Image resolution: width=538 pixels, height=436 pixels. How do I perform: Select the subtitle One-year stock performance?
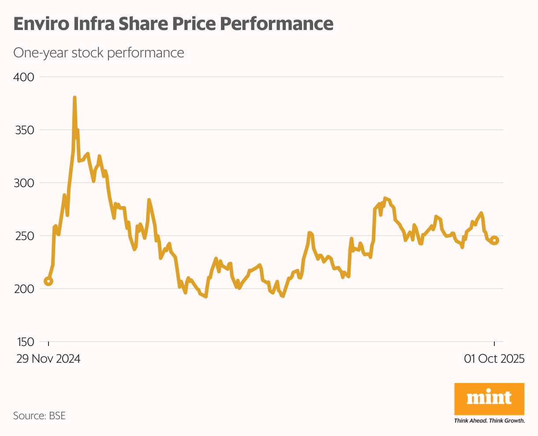98,53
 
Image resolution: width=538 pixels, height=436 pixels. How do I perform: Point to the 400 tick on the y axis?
24,77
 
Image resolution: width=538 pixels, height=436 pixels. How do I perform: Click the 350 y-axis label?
24,130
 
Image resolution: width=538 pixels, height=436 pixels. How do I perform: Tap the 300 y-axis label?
24,183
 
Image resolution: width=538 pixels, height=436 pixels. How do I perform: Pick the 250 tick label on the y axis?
24,236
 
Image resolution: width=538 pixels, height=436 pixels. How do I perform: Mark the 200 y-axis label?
24,289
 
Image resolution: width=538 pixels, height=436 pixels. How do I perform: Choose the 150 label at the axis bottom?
24,342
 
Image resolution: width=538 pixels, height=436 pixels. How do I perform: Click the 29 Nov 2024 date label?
49,359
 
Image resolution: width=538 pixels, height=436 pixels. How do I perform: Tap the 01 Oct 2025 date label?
494,359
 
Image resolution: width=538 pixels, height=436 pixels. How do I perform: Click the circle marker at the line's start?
49,281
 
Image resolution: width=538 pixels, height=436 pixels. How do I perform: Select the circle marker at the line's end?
494,241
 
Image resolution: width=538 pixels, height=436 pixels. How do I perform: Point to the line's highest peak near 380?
75,98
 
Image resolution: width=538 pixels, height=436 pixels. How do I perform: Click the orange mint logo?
489,398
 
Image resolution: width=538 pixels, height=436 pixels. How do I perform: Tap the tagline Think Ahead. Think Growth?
489,421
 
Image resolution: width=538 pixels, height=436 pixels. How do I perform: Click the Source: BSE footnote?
39,416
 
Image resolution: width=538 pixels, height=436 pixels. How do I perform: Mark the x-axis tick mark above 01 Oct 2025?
494,344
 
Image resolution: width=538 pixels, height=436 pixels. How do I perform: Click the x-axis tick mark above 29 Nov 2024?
49,344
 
